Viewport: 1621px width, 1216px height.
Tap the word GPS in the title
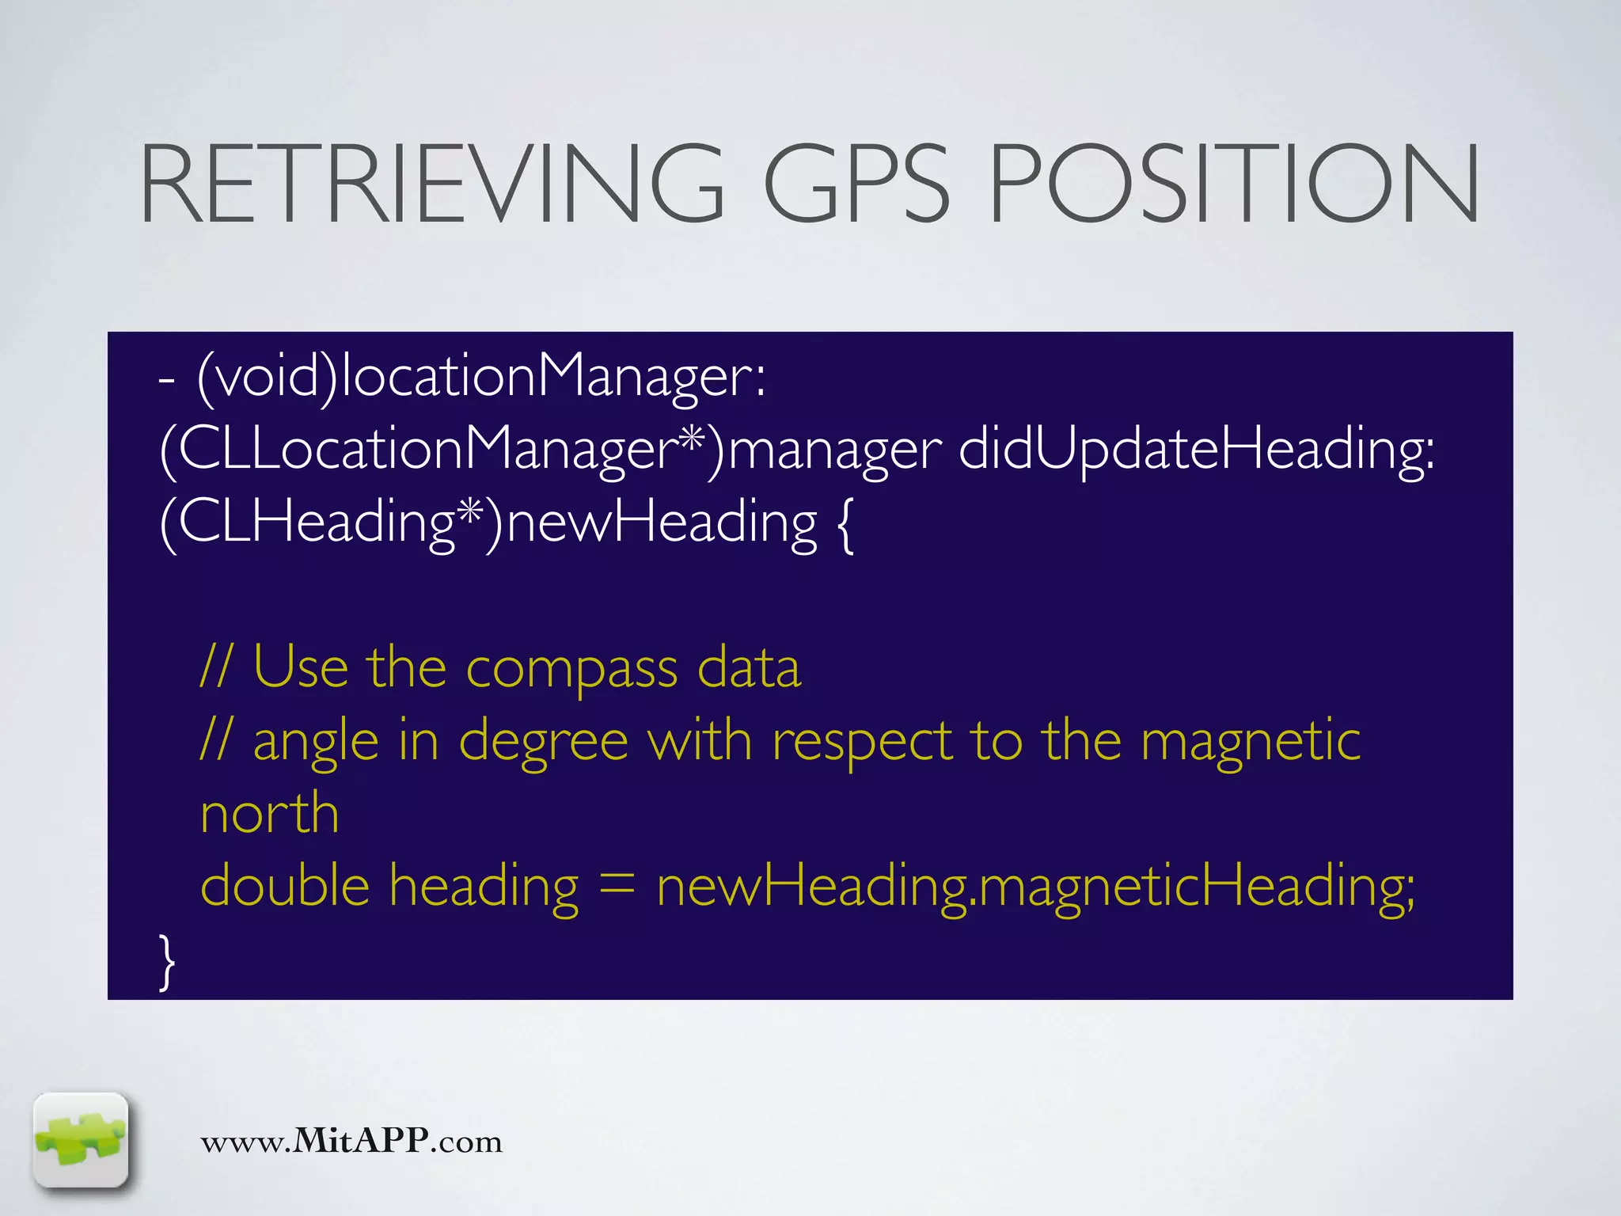coord(856,184)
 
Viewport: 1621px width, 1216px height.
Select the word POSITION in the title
coord(1233,184)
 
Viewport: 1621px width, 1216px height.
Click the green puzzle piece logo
coord(81,1140)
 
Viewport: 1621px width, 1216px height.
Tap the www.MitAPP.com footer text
coord(351,1142)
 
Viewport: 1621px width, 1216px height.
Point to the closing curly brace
coord(166,961)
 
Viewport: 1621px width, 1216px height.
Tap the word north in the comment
coord(270,814)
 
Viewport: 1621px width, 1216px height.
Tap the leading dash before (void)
coord(166,378)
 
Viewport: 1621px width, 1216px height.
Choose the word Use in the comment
coord(300,668)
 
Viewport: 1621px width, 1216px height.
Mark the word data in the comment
coord(749,668)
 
